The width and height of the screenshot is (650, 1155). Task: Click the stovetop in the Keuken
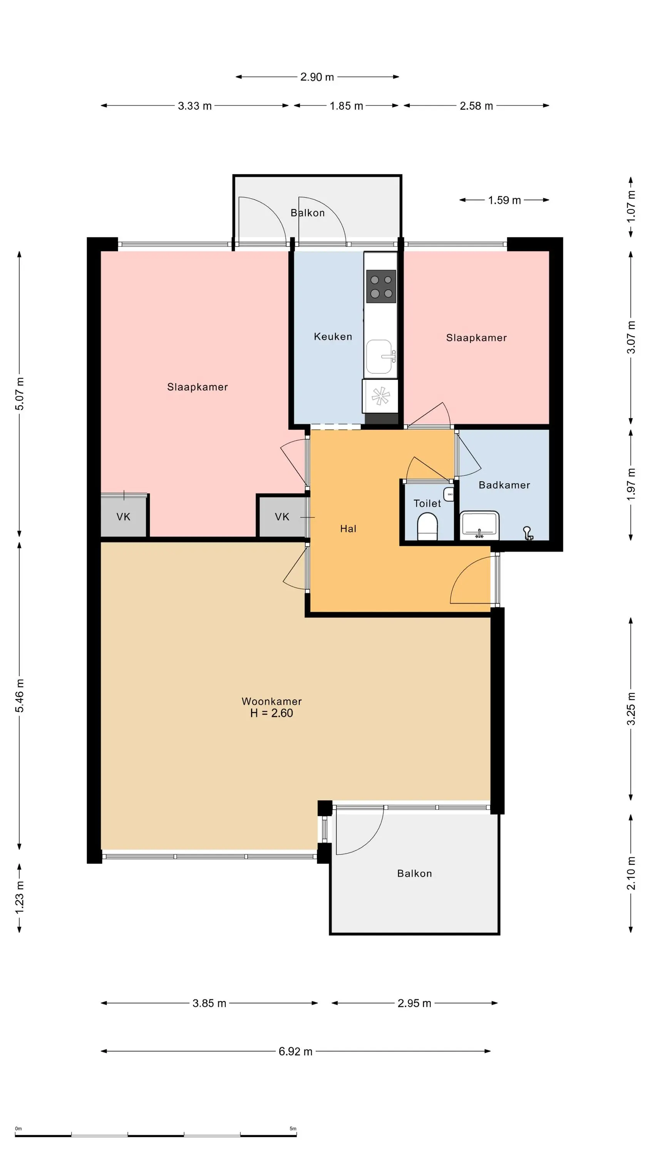pyautogui.click(x=381, y=286)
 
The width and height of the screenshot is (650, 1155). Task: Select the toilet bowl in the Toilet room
pyautogui.click(x=427, y=527)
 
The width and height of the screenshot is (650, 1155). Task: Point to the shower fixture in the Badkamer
pyautogui.click(x=528, y=533)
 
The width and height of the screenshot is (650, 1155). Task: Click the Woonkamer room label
pyautogui.click(x=271, y=701)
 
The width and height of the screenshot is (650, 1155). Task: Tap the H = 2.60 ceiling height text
pyautogui.click(x=271, y=713)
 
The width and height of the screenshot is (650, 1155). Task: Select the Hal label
pyautogui.click(x=348, y=529)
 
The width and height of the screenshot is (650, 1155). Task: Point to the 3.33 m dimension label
pyautogui.click(x=195, y=106)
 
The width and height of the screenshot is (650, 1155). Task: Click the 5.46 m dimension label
pyautogui.click(x=19, y=695)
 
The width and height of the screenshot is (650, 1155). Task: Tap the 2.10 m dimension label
pyautogui.click(x=631, y=873)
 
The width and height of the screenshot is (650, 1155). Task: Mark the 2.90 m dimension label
pyautogui.click(x=317, y=77)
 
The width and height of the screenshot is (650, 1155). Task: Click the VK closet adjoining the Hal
pyautogui.click(x=282, y=517)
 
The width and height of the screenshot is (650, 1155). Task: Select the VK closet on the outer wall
pyautogui.click(x=123, y=517)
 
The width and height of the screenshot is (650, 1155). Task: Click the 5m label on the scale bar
pyautogui.click(x=293, y=1128)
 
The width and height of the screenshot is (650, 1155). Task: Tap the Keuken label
pyautogui.click(x=333, y=336)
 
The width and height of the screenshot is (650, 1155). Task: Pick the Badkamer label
pyautogui.click(x=504, y=485)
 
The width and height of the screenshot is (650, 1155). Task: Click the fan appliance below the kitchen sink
pyautogui.click(x=380, y=396)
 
